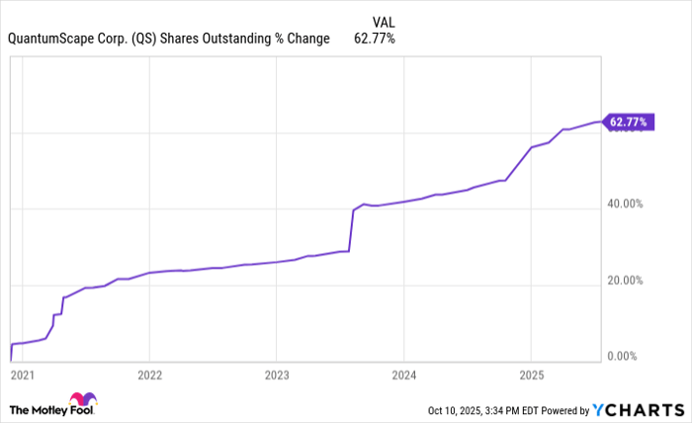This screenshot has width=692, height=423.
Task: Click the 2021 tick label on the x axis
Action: pos(22,376)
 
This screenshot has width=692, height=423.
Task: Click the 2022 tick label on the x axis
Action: pos(149,376)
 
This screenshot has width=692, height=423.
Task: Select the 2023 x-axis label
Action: pos(277,376)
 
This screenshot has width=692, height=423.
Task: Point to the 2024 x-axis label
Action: pos(403,376)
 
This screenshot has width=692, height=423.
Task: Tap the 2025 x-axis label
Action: pos(531,376)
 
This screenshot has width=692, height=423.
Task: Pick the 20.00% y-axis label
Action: pos(625,280)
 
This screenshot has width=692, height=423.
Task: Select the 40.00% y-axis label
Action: pos(625,204)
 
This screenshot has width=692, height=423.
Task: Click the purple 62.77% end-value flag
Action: pos(627,123)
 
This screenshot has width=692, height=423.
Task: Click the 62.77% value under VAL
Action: pos(375,40)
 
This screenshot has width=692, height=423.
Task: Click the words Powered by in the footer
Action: pos(564,409)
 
